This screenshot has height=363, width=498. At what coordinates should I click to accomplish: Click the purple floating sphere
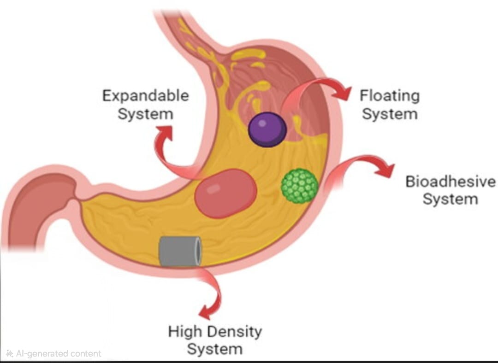pos(267,129)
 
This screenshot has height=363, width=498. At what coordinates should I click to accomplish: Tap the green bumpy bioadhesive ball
pos(300,186)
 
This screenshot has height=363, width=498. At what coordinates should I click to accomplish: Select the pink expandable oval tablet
pos(225,193)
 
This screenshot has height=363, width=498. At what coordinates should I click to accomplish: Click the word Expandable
pos(146,96)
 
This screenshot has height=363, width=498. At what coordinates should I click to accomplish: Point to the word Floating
pos(390,96)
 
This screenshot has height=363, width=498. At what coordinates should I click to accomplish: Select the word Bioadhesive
pos(450,181)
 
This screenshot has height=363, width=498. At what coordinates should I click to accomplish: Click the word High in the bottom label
pos(184,332)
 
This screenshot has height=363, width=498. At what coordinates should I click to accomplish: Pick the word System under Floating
pos(390,114)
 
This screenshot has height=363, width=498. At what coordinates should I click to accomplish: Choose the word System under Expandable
pos(146,113)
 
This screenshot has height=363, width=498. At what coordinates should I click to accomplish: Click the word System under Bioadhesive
pos(450,199)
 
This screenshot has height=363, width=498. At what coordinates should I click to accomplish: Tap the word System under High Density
pos(215,349)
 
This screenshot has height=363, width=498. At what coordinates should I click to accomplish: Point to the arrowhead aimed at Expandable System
pos(164,133)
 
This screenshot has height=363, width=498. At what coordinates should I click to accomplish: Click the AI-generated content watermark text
pos(54,354)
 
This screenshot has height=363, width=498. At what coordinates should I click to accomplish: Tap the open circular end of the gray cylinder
pos(197,252)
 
